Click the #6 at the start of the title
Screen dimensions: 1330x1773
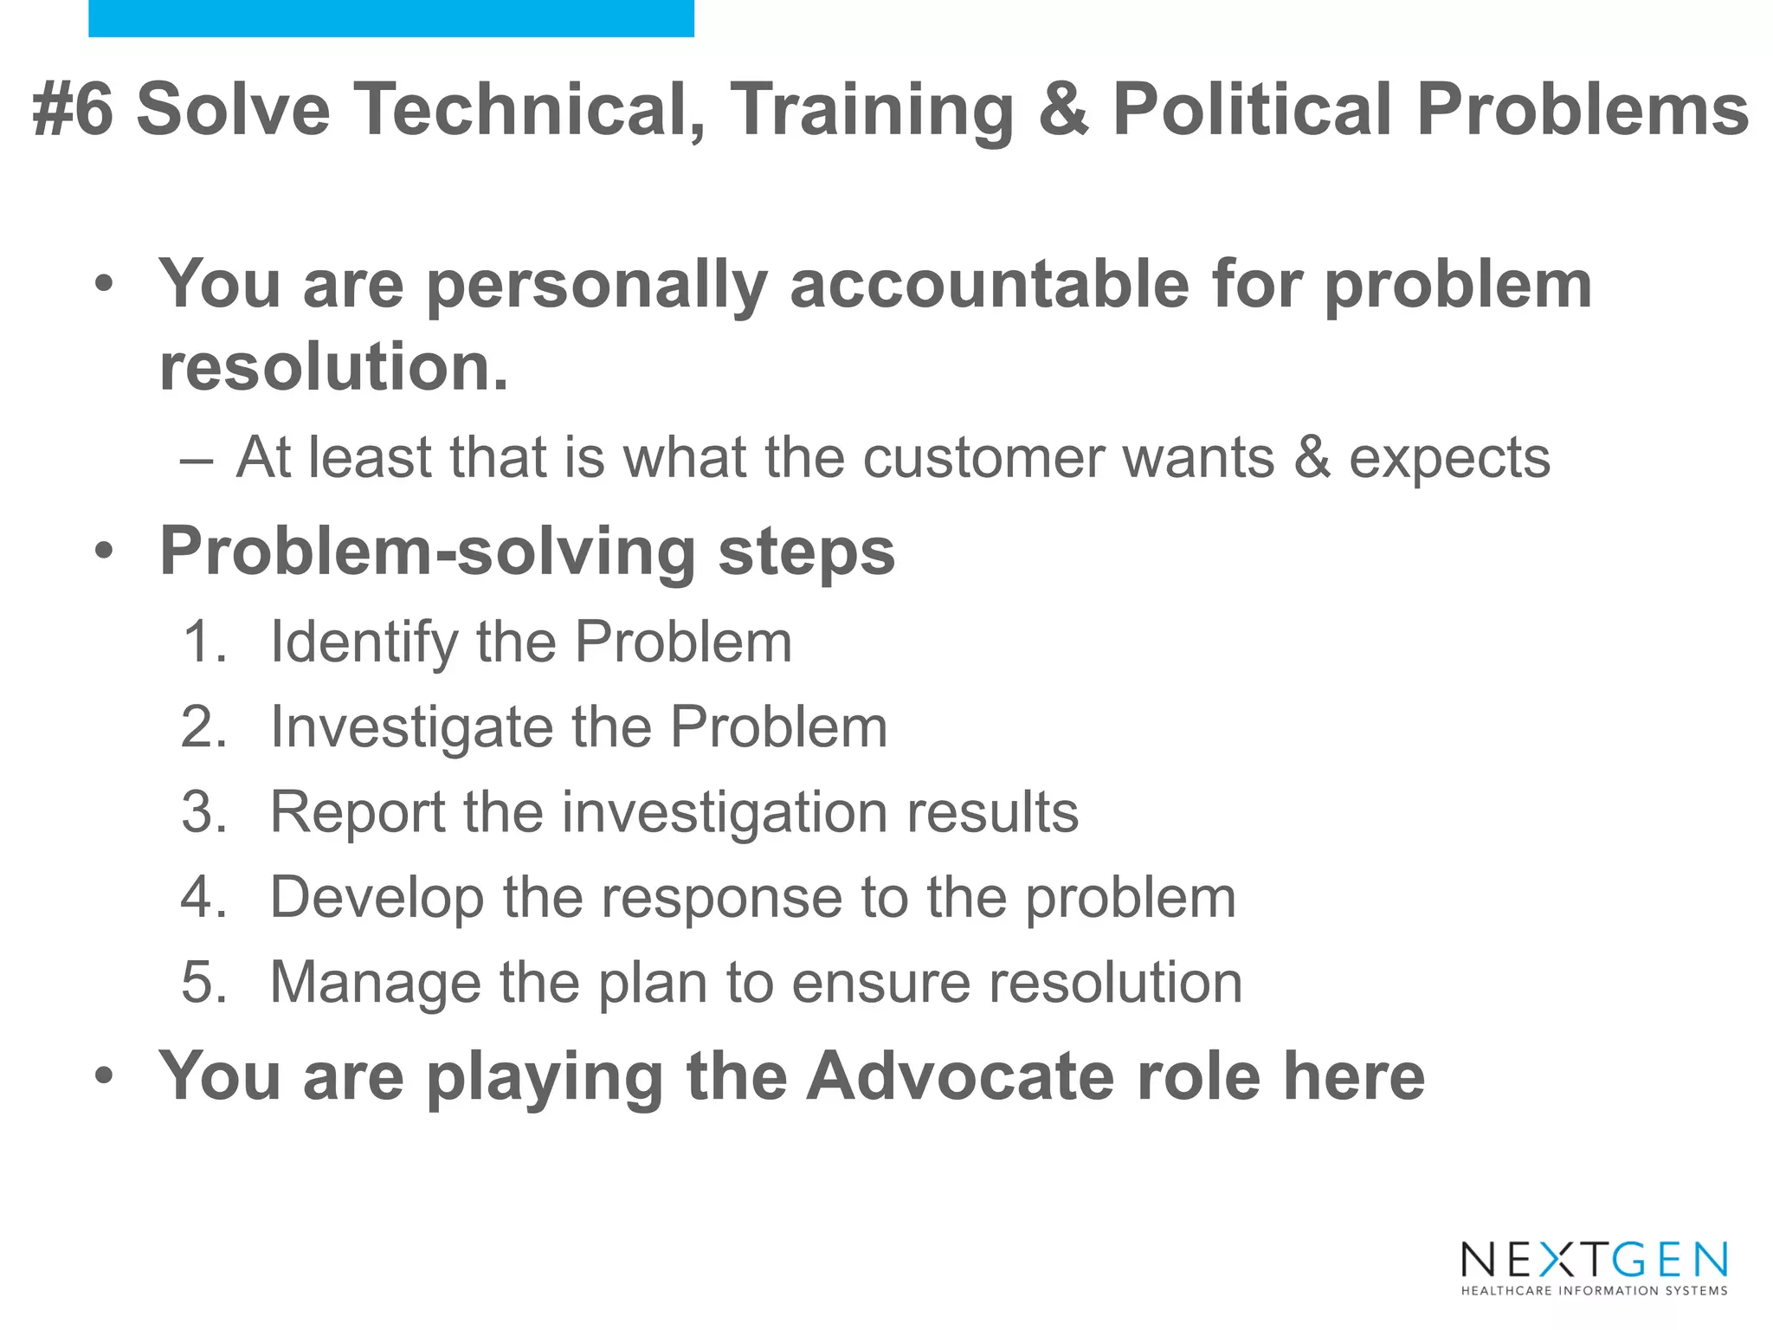(x=73, y=109)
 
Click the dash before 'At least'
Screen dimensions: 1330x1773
(x=197, y=459)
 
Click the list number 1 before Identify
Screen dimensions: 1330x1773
(x=203, y=642)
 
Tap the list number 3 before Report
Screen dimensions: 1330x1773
(x=203, y=812)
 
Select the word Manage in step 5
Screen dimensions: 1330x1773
(x=375, y=984)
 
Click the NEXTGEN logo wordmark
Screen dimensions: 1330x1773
(x=1594, y=1260)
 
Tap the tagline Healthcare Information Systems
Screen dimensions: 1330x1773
(x=1594, y=1291)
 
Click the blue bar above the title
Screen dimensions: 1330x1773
(x=390, y=18)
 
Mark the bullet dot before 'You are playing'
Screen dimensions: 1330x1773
(x=104, y=1076)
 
